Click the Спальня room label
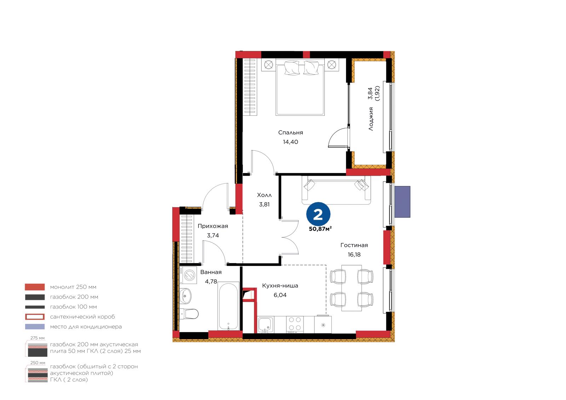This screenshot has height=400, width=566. (x=290, y=133)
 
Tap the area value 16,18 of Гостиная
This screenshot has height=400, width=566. (x=354, y=255)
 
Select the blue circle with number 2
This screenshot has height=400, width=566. (x=318, y=214)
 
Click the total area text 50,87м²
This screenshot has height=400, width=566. (x=320, y=229)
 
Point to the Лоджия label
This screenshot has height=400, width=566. (x=371, y=119)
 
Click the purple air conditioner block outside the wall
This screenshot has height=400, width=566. (x=402, y=202)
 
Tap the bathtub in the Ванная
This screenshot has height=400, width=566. (x=229, y=306)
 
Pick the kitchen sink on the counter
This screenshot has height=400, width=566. (x=266, y=324)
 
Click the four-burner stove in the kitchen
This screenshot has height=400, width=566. (x=295, y=324)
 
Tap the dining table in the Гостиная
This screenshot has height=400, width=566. (x=352, y=288)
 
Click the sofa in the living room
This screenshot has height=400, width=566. (x=336, y=190)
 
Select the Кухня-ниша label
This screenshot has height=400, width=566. (x=280, y=285)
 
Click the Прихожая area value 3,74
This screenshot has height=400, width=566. (x=213, y=236)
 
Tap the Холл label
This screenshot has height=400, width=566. (x=264, y=195)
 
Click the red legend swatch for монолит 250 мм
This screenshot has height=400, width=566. (x=35, y=287)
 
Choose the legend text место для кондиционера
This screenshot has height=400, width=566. (x=86, y=326)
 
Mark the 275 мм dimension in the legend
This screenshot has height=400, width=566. (x=37, y=338)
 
